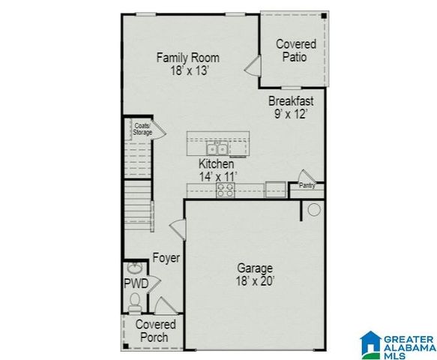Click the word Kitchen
(216, 163)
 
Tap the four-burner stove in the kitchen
(225, 190)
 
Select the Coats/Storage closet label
(142, 129)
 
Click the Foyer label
(166, 258)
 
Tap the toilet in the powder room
(136, 301)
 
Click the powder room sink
(136, 268)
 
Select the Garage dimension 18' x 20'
(255, 281)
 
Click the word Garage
(255, 268)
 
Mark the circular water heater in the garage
(315, 210)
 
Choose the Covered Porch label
(156, 331)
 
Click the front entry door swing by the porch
(165, 305)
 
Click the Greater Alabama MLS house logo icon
(370, 343)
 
